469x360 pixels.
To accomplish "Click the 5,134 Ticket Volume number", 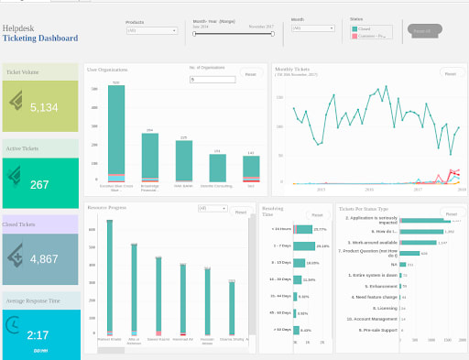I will [x=44, y=107].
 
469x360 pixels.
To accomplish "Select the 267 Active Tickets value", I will [x=39, y=184].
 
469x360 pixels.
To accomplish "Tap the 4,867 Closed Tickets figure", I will [x=44, y=259].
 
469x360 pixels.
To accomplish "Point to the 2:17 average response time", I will [x=39, y=335].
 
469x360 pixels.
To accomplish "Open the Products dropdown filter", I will [x=152, y=30].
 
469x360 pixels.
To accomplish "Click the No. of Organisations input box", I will [x=212, y=80].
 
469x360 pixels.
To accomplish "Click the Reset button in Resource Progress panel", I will [x=240, y=213].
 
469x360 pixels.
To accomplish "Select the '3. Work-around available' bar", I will [x=418, y=243].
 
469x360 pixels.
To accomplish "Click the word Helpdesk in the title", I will [x=18, y=28].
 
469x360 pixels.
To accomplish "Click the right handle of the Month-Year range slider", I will [x=273, y=34].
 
